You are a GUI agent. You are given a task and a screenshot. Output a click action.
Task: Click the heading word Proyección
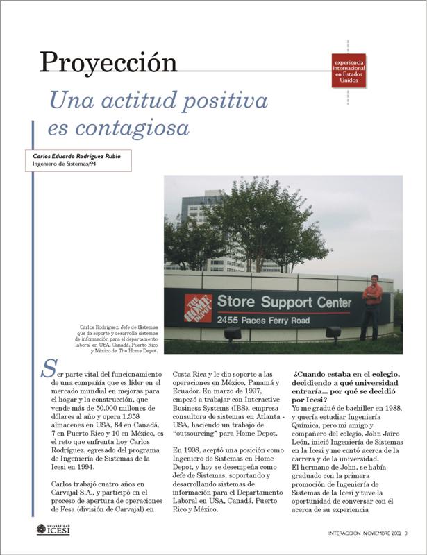[x=108, y=63]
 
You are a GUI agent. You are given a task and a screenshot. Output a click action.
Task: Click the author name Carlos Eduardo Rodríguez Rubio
[x=76, y=157]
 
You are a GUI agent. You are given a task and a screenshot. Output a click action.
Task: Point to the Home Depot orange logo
[x=197, y=308]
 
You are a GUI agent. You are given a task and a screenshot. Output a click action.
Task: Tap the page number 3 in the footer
[x=406, y=533]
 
